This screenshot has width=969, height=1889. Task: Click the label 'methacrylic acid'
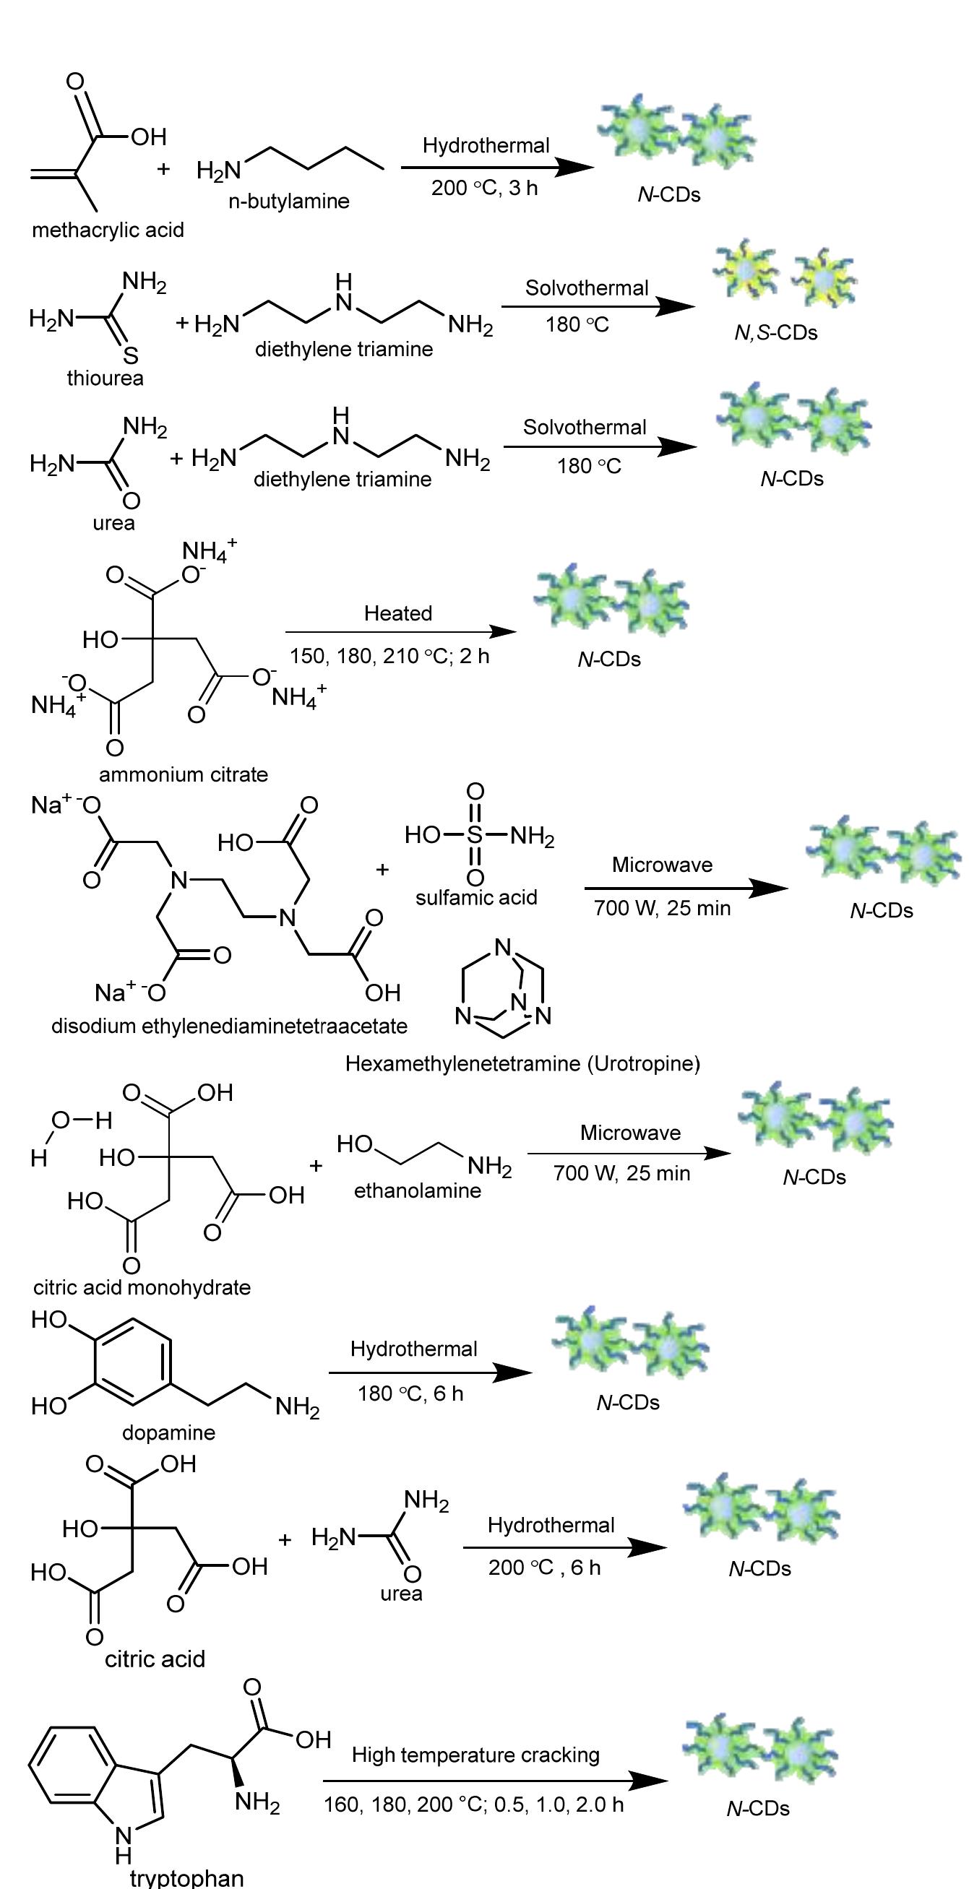click(x=108, y=230)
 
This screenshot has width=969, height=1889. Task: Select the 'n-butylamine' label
click(x=289, y=202)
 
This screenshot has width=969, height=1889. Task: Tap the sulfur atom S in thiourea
click(x=130, y=356)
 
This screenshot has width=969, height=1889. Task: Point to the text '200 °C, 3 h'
click(x=484, y=189)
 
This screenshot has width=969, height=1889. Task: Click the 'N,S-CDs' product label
click(x=776, y=333)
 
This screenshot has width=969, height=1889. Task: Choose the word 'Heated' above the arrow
click(x=398, y=613)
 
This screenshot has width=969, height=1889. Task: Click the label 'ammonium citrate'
click(x=184, y=774)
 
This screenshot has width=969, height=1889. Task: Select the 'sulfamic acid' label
click(x=476, y=898)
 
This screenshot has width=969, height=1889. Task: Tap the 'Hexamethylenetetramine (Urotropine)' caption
click(x=522, y=1063)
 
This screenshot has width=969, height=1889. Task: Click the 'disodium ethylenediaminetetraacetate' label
click(x=229, y=1026)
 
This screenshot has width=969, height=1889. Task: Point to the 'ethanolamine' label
click(x=418, y=1191)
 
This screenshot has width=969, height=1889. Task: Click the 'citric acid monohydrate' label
click(x=142, y=1288)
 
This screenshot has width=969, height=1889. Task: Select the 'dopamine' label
click(x=168, y=1433)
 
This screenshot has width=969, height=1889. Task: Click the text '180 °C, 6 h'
click(x=410, y=1393)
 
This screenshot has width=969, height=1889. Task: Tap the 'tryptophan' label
click(x=186, y=1877)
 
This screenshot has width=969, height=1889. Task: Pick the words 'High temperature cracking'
click(x=475, y=1755)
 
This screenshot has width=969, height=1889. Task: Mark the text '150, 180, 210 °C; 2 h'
click(x=389, y=657)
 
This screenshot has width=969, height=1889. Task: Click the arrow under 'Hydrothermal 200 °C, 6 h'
click(x=565, y=1547)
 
